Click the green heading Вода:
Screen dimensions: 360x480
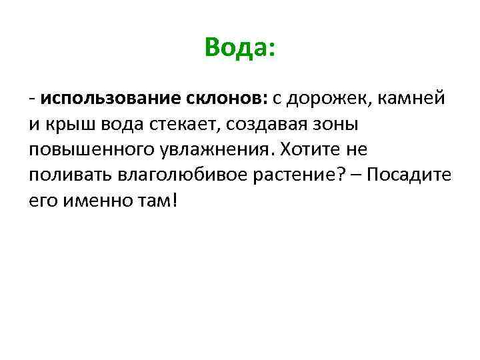[x=239, y=48]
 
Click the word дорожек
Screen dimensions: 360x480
[x=327, y=99]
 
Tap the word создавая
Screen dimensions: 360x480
[x=253, y=124]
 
